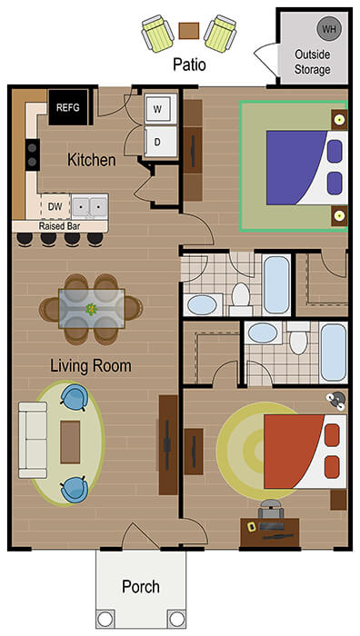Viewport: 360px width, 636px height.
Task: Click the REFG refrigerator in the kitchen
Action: pos(68,107)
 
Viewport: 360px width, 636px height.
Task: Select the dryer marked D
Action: pos(157,142)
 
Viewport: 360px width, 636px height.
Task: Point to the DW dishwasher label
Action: pos(55,206)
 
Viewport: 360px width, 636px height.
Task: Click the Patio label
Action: pos(190,65)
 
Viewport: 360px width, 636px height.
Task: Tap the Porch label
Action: pos(141,586)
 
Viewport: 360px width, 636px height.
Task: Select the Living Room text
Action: pos(91,366)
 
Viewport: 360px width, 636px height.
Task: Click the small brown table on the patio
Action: pos(189,31)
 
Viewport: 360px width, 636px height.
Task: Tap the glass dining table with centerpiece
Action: pos(92,308)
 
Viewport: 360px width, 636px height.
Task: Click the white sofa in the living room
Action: pos(35,441)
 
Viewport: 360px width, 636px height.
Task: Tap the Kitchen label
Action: pos(92,160)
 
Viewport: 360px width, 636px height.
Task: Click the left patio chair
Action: pos(158,35)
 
